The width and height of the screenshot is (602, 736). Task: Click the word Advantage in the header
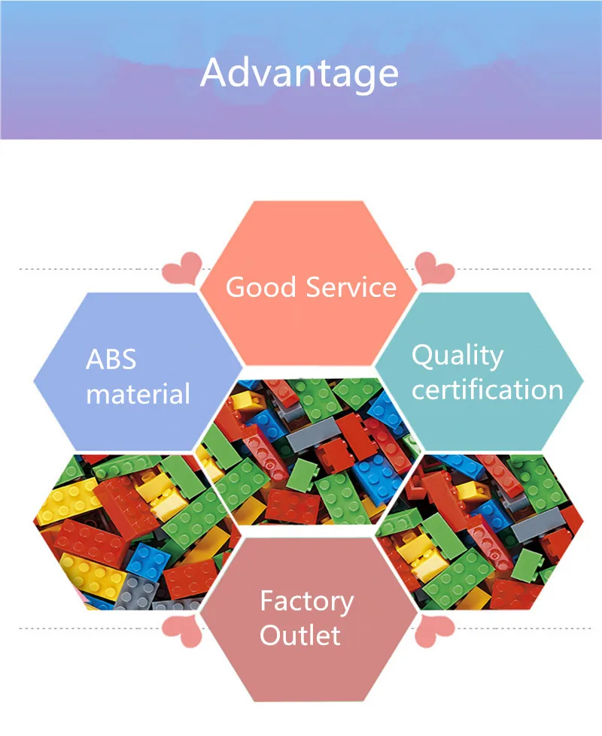point(299,74)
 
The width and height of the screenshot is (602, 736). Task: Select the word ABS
point(111,359)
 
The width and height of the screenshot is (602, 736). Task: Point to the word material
point(138,394)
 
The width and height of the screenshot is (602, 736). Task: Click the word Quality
point(457,356)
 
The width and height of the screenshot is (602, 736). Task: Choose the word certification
point(487,390)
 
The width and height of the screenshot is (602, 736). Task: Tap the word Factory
point(306,601)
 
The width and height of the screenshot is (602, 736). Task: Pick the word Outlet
point(300,635)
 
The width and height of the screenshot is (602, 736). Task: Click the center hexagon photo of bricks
point(309,451)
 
